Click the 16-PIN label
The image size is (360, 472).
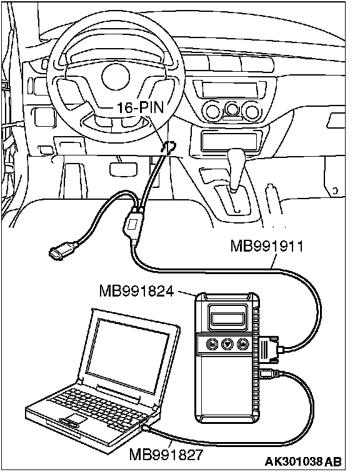point(140,107)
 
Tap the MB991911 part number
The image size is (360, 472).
point(267,246)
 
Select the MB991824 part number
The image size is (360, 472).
point(136,291)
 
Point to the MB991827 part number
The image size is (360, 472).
point(166,455)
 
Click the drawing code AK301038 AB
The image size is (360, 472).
point(303,461)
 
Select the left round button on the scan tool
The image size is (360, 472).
point(212,343)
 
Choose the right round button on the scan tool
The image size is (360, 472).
point(242,343)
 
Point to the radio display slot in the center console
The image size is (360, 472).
point(230,89)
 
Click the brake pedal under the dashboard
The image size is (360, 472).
point(123,169)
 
